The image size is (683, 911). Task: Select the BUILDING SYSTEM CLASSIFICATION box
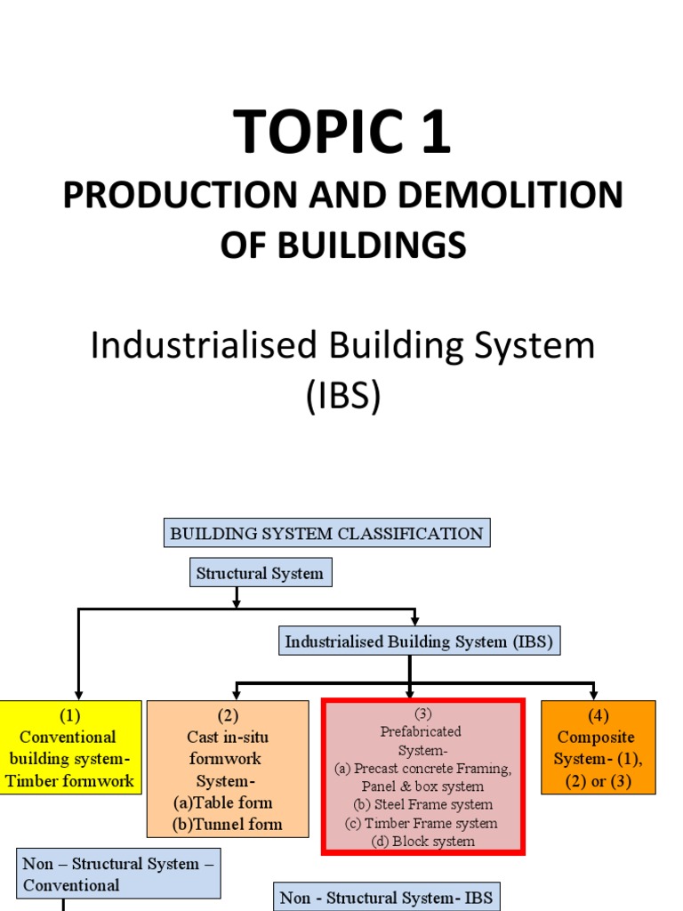point(326,534)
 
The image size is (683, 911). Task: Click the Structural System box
point(261,573)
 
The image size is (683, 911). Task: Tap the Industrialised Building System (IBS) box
point(419,641)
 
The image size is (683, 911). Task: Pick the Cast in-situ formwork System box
point(228,769)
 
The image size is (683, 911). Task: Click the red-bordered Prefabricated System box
point(422,777)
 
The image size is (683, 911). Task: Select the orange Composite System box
point(598,747)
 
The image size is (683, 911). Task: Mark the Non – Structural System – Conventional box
point(119,874)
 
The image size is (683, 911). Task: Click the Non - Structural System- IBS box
point(386,896)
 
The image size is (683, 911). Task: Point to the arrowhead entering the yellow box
point(78,694)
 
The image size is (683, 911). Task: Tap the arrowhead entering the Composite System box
point(594,694)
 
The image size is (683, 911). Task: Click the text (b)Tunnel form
point(227,824)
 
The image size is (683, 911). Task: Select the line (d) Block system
point(422,841)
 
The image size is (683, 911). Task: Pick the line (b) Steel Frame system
point(422,804)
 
